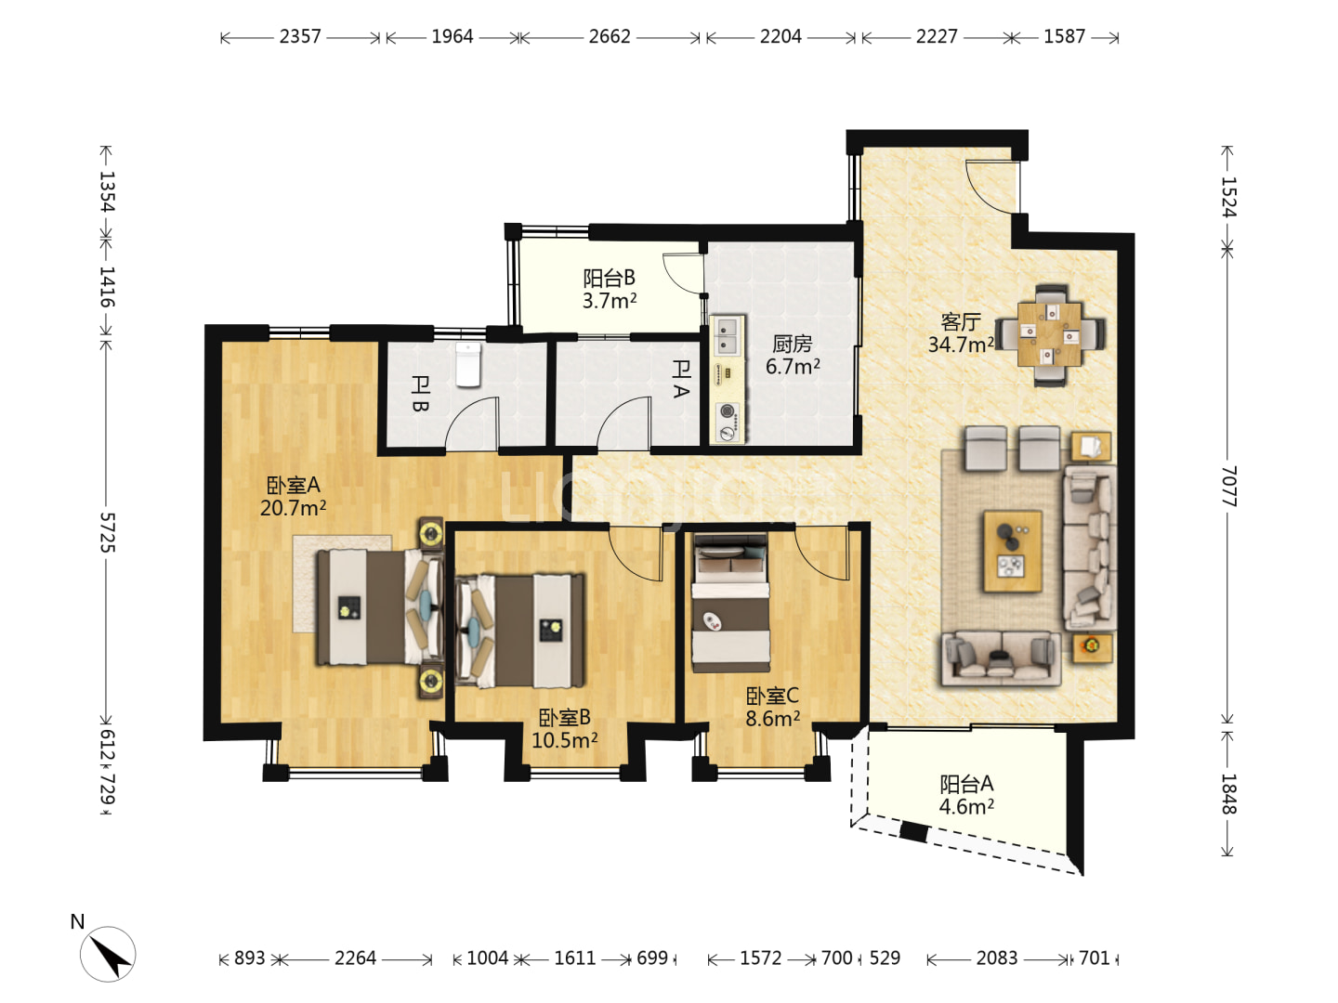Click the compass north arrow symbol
pos(108,954)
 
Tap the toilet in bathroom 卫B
pos(468,364)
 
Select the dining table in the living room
pos(1049,334)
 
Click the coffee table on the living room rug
pos(1012,551)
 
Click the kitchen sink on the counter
pos(728,336)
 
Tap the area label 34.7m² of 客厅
pos(961,345)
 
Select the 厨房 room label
pos(792,344)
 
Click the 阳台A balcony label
pos(966,783)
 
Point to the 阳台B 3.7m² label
pos(610,289)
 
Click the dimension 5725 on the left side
pos(107,532)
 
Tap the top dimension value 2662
pos(609,36)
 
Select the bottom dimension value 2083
pos(997,957)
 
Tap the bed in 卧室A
pos(379,606)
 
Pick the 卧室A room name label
pos(294,486)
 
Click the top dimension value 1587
pos(1064,36)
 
